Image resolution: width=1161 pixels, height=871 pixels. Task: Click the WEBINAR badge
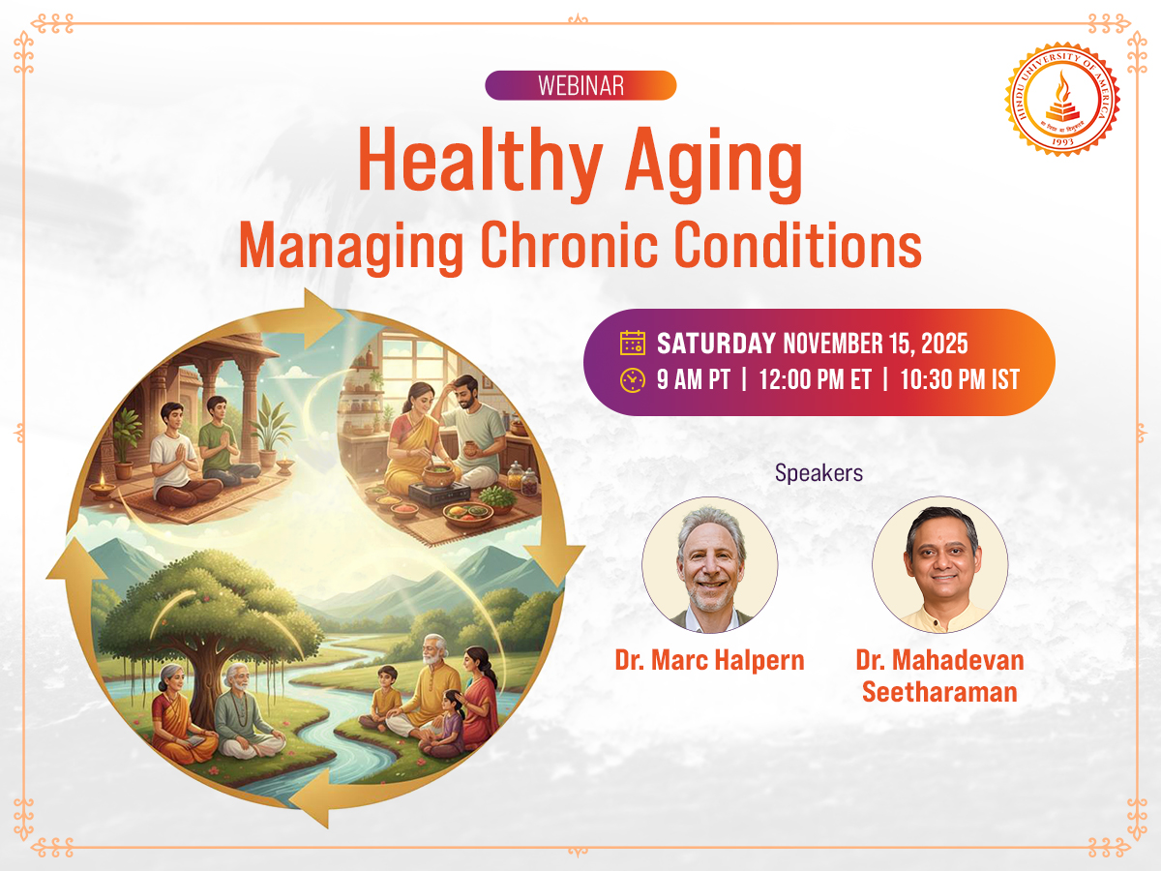coord(580,85)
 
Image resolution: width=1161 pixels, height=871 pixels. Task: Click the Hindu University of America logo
coord(1061,100)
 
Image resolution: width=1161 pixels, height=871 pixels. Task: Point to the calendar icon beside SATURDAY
coord(633,344)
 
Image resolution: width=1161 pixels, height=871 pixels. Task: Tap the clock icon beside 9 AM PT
coord(633,379)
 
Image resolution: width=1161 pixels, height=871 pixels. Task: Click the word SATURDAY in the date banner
coord(716,344)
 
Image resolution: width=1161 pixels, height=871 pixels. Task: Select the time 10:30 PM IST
coord(960,379)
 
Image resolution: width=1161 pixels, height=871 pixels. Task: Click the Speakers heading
coord(819,473)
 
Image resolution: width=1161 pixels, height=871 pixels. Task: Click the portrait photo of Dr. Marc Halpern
coord(710,564)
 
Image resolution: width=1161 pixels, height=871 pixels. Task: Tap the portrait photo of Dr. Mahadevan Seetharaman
coord(939,564)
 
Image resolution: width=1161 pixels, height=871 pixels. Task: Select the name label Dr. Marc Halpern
coord(710,660)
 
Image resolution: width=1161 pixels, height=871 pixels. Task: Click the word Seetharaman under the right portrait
coord(939,693)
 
